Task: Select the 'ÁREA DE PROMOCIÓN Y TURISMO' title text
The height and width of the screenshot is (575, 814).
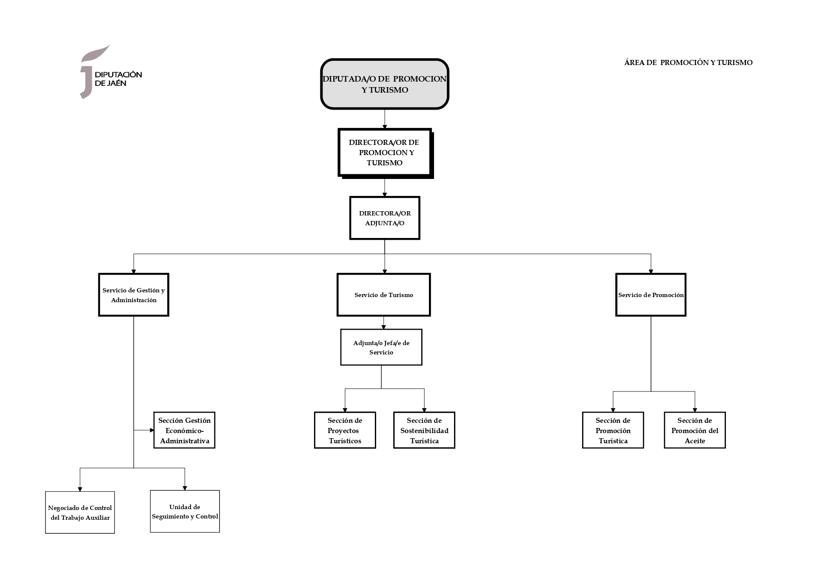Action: click(688, 62)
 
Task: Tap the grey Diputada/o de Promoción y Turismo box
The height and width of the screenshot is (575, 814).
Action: click(384, 84)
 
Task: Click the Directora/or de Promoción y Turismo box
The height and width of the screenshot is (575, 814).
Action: click(384, 152)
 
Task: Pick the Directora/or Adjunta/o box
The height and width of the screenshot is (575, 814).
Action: click(384, 218)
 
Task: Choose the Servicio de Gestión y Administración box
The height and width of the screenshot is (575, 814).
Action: click(134, 295)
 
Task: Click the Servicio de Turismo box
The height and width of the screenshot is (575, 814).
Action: click(383, 295)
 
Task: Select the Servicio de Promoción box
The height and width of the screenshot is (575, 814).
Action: click(651, 295)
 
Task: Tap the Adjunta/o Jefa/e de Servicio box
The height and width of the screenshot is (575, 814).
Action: click(381, 347)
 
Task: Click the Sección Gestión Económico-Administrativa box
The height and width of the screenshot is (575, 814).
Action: click(184, 430)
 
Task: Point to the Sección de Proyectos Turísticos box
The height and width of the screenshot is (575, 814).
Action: click(345, 430)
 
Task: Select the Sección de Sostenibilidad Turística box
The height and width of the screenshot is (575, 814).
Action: click(424, 430)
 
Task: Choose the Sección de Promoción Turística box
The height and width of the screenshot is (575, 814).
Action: click(613, 430)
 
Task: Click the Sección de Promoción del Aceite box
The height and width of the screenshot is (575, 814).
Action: click(694, 430)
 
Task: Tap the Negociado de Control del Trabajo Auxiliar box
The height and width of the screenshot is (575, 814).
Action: click(80, 513)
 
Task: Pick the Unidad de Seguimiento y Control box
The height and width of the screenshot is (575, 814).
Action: click(185, 511)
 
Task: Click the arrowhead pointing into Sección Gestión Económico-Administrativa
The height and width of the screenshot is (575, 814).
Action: click(151, 430)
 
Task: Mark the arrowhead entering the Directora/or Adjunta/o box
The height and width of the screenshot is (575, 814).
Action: click(385, 195)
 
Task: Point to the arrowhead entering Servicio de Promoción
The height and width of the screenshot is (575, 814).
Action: click(651, 272)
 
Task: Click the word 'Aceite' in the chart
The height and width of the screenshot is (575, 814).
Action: click(694, 441)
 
